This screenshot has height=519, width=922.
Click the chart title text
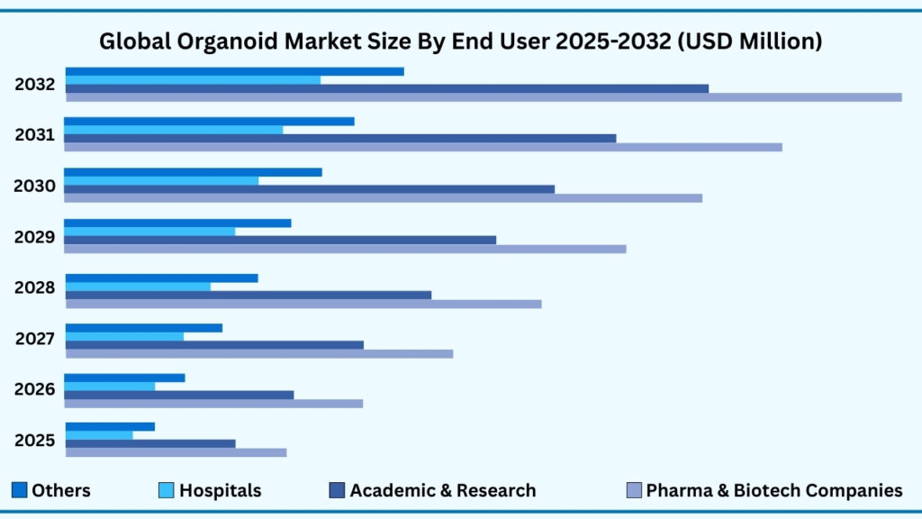pyautogui.click(x=460, y=41)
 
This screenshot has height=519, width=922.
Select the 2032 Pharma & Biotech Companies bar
pyautogui.click(x=484, y=97)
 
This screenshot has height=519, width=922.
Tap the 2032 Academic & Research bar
pyautogui.click(x=387, y=88)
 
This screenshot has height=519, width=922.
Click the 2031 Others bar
pyautogui.click(x=209, y=121)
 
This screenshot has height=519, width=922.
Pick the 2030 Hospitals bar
pyautogui.click(x=161, y=180)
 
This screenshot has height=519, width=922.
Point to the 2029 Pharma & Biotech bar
pyautogui.click(x=345, y=249)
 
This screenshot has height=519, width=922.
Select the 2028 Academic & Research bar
pyautogui.click(x=249, y=295)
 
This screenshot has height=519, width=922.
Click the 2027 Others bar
pyautogui.click(x=144, y=328)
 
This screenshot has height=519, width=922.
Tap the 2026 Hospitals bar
pyautogui.click(x=110, y=387)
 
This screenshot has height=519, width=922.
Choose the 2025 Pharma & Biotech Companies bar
pyautogui.click(x=176, y=452)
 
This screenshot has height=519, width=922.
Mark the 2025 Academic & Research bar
pyautogui.click(x=150, y=443)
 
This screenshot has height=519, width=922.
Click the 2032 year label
pyautogui.click(x=35, y=86)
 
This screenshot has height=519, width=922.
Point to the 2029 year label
pyautogui.click(x=35, y=238)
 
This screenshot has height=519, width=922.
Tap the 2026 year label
pyautogui.click(x=35, y=390)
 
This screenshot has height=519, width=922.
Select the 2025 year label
pyautogui.click(x=35, y=441)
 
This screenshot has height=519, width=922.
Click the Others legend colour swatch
pyautogui.click(x=19, y=490)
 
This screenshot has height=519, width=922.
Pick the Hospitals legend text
pyautogui.click(x=220, y=491)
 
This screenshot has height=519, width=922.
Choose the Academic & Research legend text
pyautogui.click(x=442, y=491)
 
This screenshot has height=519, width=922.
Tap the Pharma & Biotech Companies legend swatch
pyautogui.click(x=633, y=490)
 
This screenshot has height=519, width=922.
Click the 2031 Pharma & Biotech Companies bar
pyautogui.click(x=423, y=147)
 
